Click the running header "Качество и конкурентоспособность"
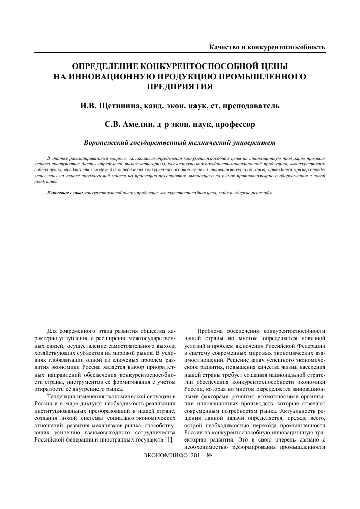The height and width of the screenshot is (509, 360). tap(267, 47)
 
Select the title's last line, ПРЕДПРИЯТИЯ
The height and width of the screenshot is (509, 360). tap(179, 86)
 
